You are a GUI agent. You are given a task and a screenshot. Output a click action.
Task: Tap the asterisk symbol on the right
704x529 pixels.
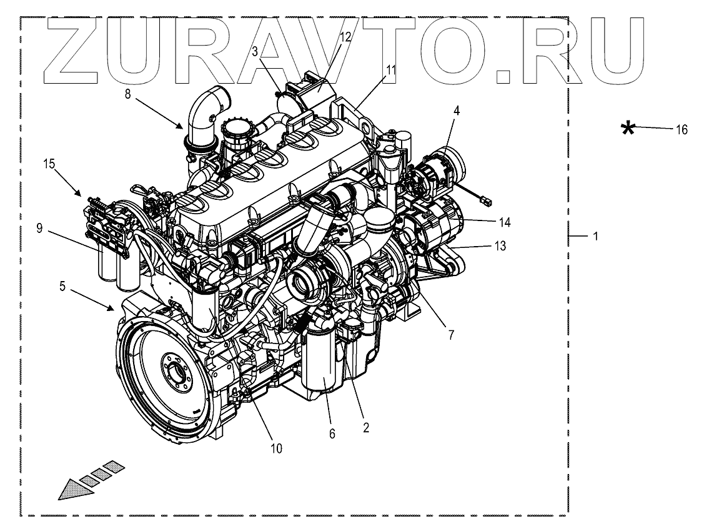(628, 129)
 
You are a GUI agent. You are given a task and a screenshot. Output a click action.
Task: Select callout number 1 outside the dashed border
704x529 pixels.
(595, 237)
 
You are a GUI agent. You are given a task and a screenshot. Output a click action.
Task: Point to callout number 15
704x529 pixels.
(49, 164)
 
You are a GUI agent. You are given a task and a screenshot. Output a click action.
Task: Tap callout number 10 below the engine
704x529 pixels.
(276, 448)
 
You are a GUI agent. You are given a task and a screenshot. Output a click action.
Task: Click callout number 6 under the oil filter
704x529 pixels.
(332, 433)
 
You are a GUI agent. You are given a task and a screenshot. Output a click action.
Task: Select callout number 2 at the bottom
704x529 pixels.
(366, 428)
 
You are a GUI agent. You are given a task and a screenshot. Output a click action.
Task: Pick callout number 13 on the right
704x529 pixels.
(500, 246)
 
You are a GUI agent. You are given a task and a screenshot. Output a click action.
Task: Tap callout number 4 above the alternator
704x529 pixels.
(457, 111)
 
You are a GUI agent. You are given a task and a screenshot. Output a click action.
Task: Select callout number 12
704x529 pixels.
(345, 37)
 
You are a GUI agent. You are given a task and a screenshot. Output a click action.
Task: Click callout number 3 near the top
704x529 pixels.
(255, 52)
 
